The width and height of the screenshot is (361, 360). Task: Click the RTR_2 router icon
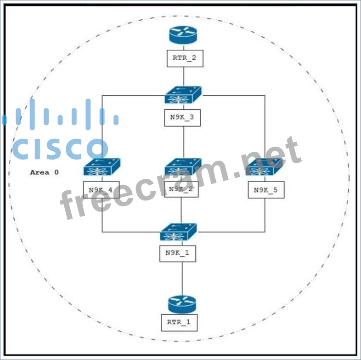(x=183, y=34)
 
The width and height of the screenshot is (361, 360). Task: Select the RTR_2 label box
(x=185, y=58)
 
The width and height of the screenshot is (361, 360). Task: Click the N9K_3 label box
(x=182, y=117)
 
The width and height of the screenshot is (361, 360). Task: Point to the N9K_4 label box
(x=101, y=189)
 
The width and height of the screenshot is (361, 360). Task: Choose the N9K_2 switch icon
(x=183, y=168)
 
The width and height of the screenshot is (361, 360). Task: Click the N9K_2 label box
(x=181, y=189)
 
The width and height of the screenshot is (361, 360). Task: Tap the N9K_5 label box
(x=266, y=189)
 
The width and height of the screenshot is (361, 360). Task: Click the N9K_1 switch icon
(x=179, y=232)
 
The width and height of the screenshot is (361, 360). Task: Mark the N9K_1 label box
(x=178, y=253)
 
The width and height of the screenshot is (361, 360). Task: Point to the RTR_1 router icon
(x=182, y=304)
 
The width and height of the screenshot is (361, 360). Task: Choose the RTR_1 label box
(x=179, y=322)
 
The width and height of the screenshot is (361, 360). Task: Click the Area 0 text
(x=45, y=172)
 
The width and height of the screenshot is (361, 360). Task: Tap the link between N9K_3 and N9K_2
(x=184, y=143)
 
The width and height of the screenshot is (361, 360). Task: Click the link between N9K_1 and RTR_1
(x=182, y=278)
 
